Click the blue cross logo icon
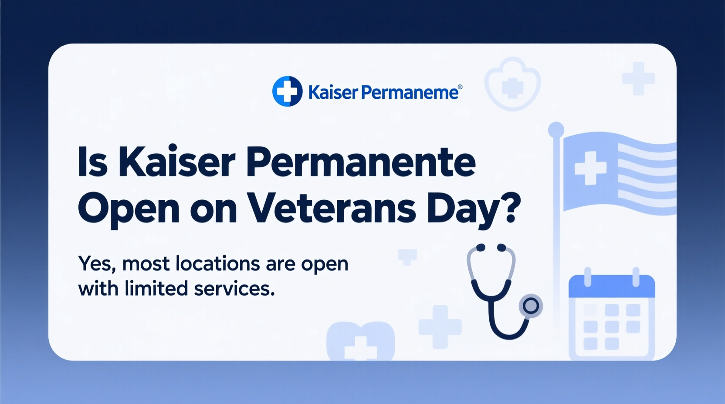287,91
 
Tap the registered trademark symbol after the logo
460,87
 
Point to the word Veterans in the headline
332,209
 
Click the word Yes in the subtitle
96,264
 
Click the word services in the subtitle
234,288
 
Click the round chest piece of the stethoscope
531,306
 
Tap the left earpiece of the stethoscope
481,248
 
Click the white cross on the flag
590,168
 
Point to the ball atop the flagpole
556,129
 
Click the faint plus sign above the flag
638,78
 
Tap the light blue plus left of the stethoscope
440,327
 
